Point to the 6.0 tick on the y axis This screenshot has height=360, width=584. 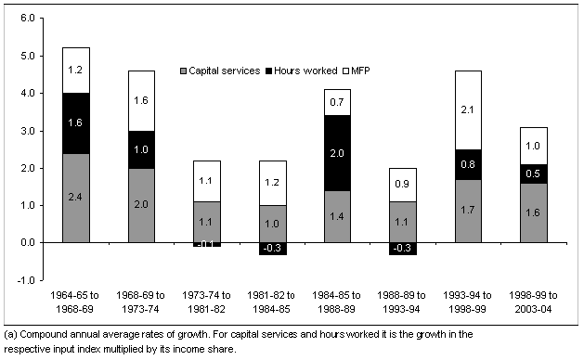pos(28,19)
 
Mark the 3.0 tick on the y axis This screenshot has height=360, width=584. pos(28,131)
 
